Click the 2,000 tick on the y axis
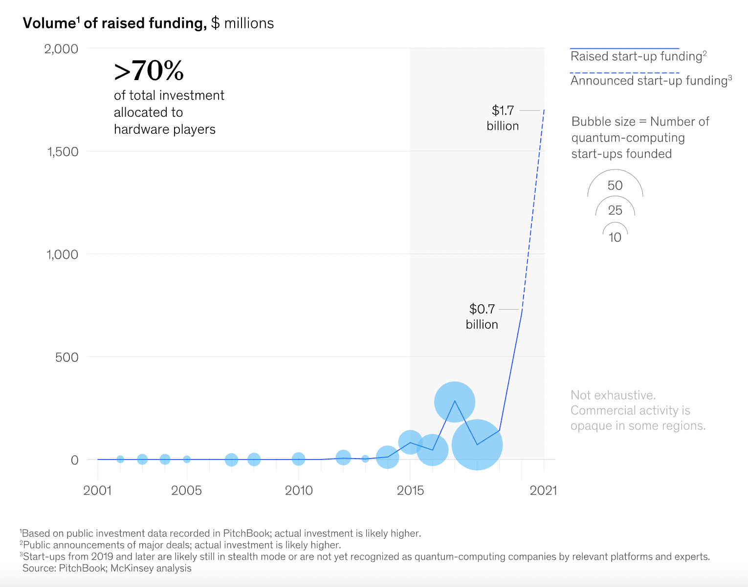61,49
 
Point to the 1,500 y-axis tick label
62,151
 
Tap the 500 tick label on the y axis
66,357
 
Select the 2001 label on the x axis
97,490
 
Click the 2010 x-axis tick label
299,490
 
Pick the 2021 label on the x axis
543,490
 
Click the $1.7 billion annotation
503,118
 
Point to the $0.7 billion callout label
482,316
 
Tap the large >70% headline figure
149,71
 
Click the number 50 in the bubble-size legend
615,186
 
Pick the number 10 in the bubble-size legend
615,237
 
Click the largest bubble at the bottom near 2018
477,445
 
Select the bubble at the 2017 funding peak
455,402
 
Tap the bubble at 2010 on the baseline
298,459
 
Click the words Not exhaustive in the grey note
613,395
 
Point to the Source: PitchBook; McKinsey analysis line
107,568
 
